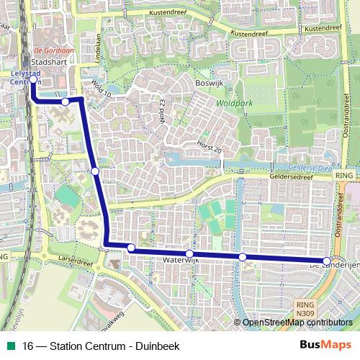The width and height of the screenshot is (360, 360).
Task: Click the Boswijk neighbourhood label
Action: click(209, 83)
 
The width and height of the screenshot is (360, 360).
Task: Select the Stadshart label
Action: click(45, 63)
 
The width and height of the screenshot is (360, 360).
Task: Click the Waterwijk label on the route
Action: click(180, 259)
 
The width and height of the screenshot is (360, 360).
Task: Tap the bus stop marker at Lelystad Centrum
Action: click(33, 80)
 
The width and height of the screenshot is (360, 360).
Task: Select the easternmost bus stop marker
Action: click(326, 261)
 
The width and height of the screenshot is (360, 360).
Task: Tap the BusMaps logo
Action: click(325, 346)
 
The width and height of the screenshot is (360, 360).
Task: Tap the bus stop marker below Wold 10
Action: click(66, 102)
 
